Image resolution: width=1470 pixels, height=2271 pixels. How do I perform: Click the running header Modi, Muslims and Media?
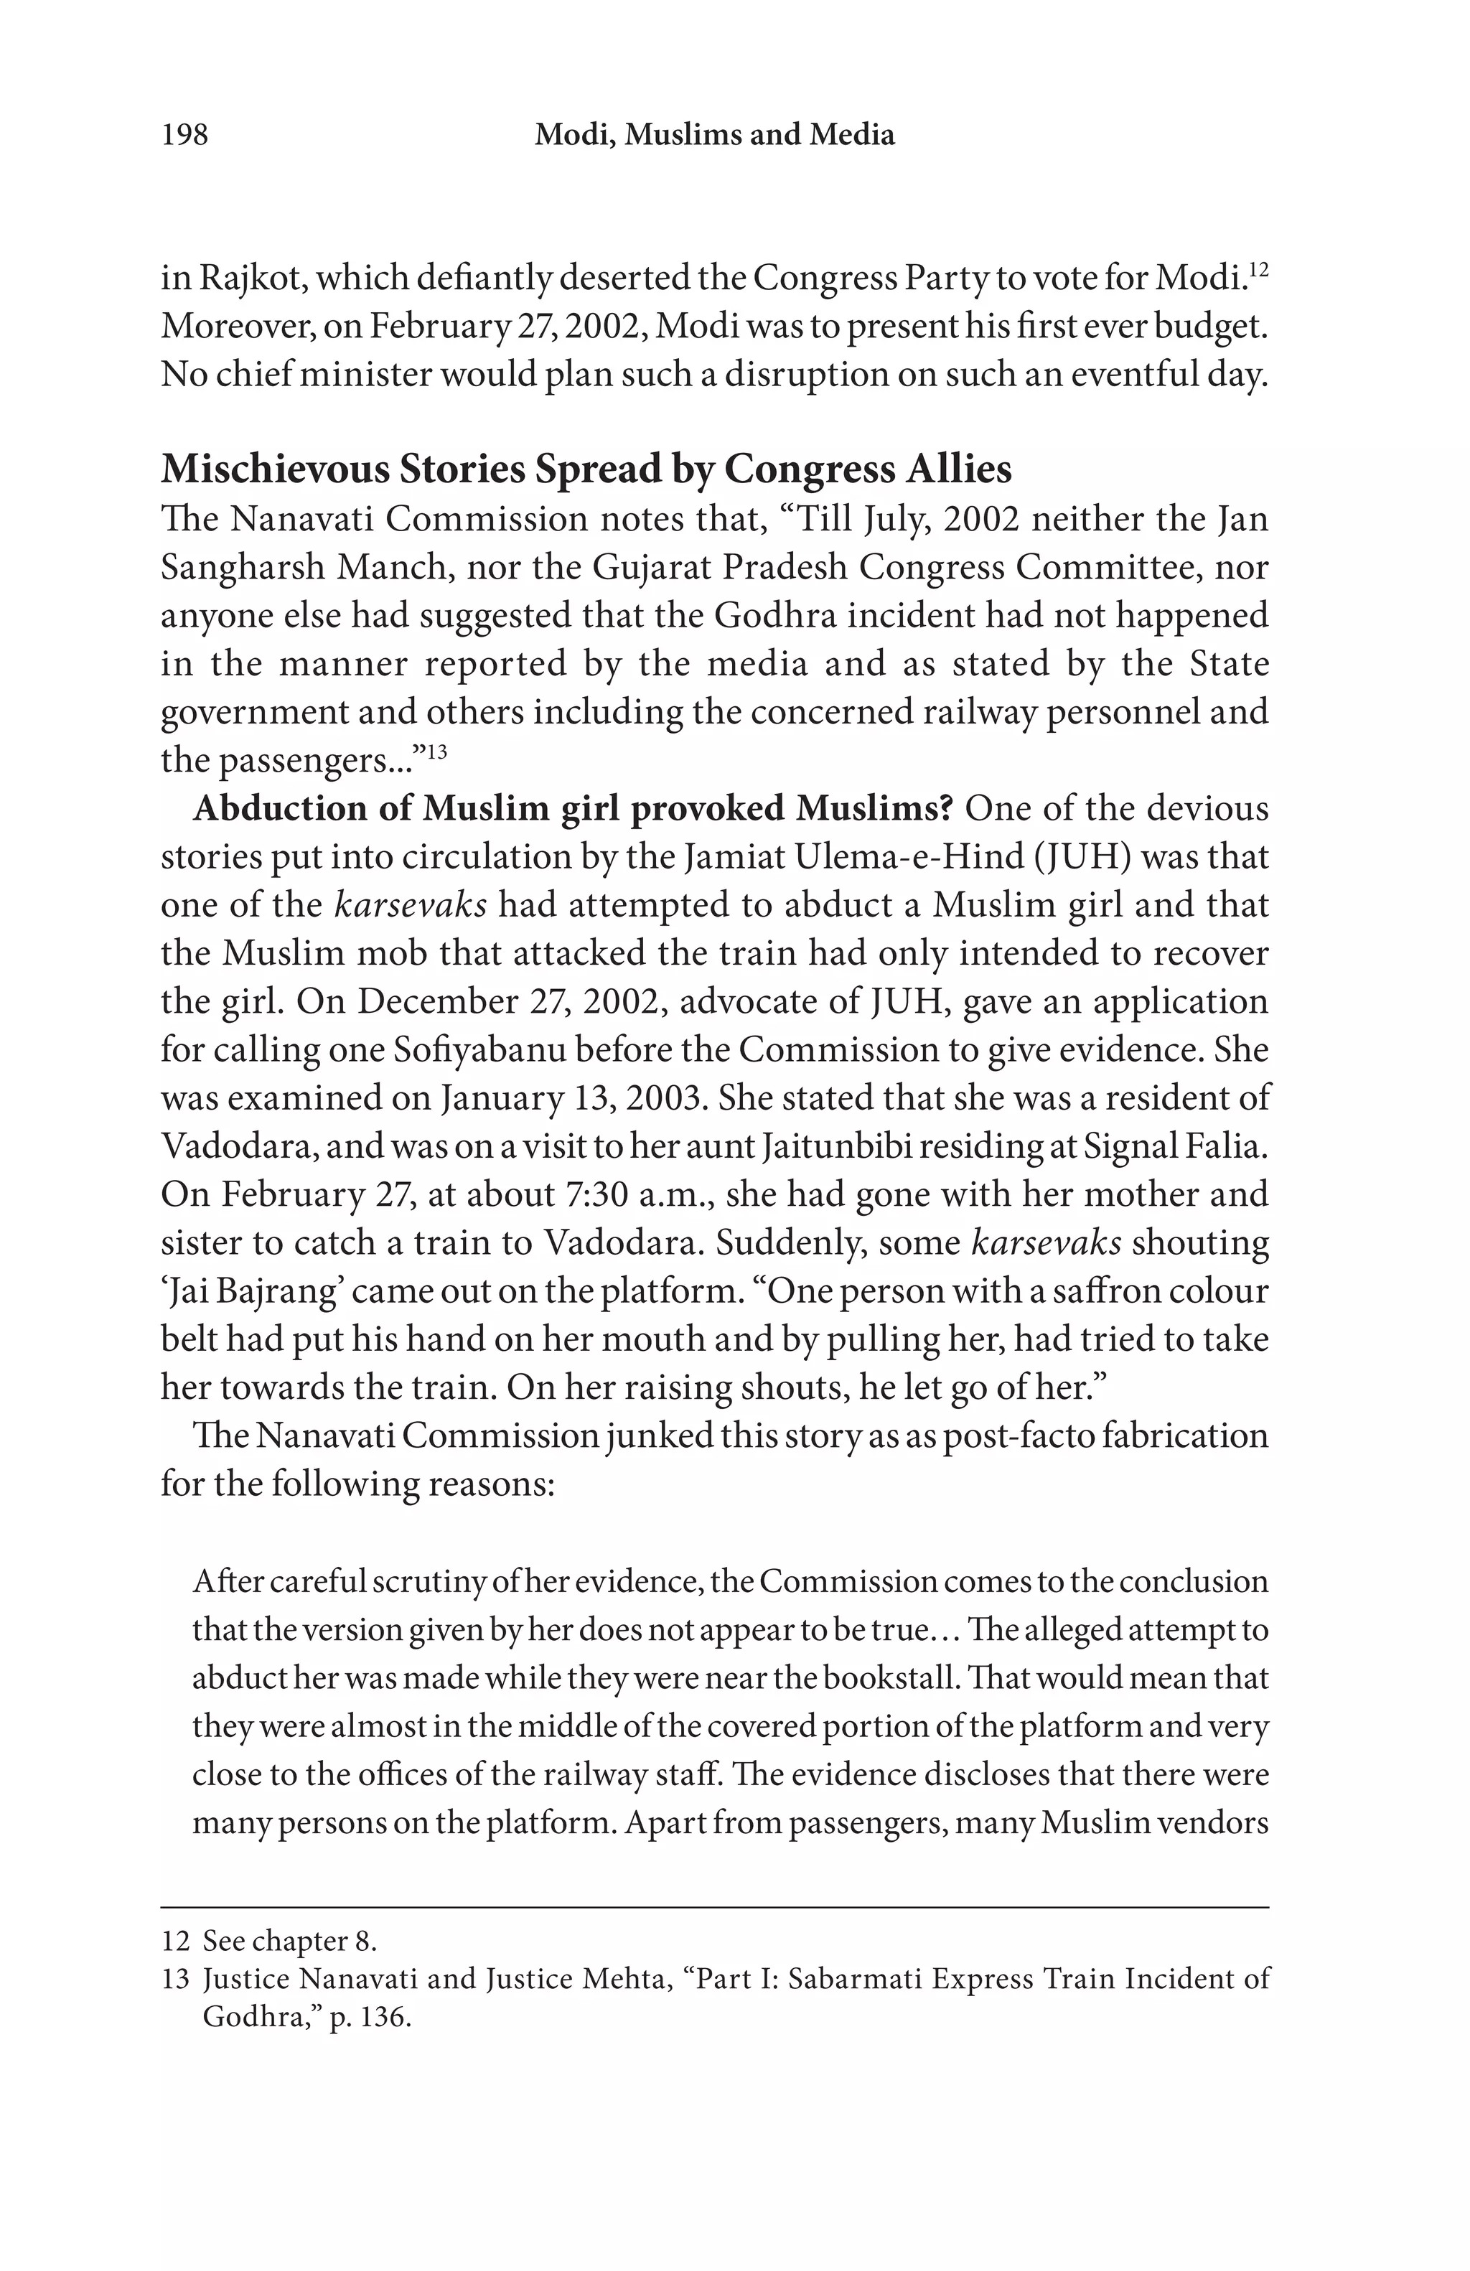[714, 134]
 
